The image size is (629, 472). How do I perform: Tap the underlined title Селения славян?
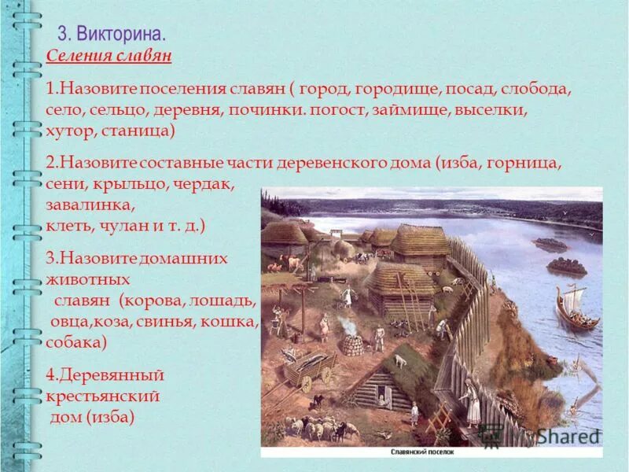[108, 57]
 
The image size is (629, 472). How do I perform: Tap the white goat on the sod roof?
[400, 360]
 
